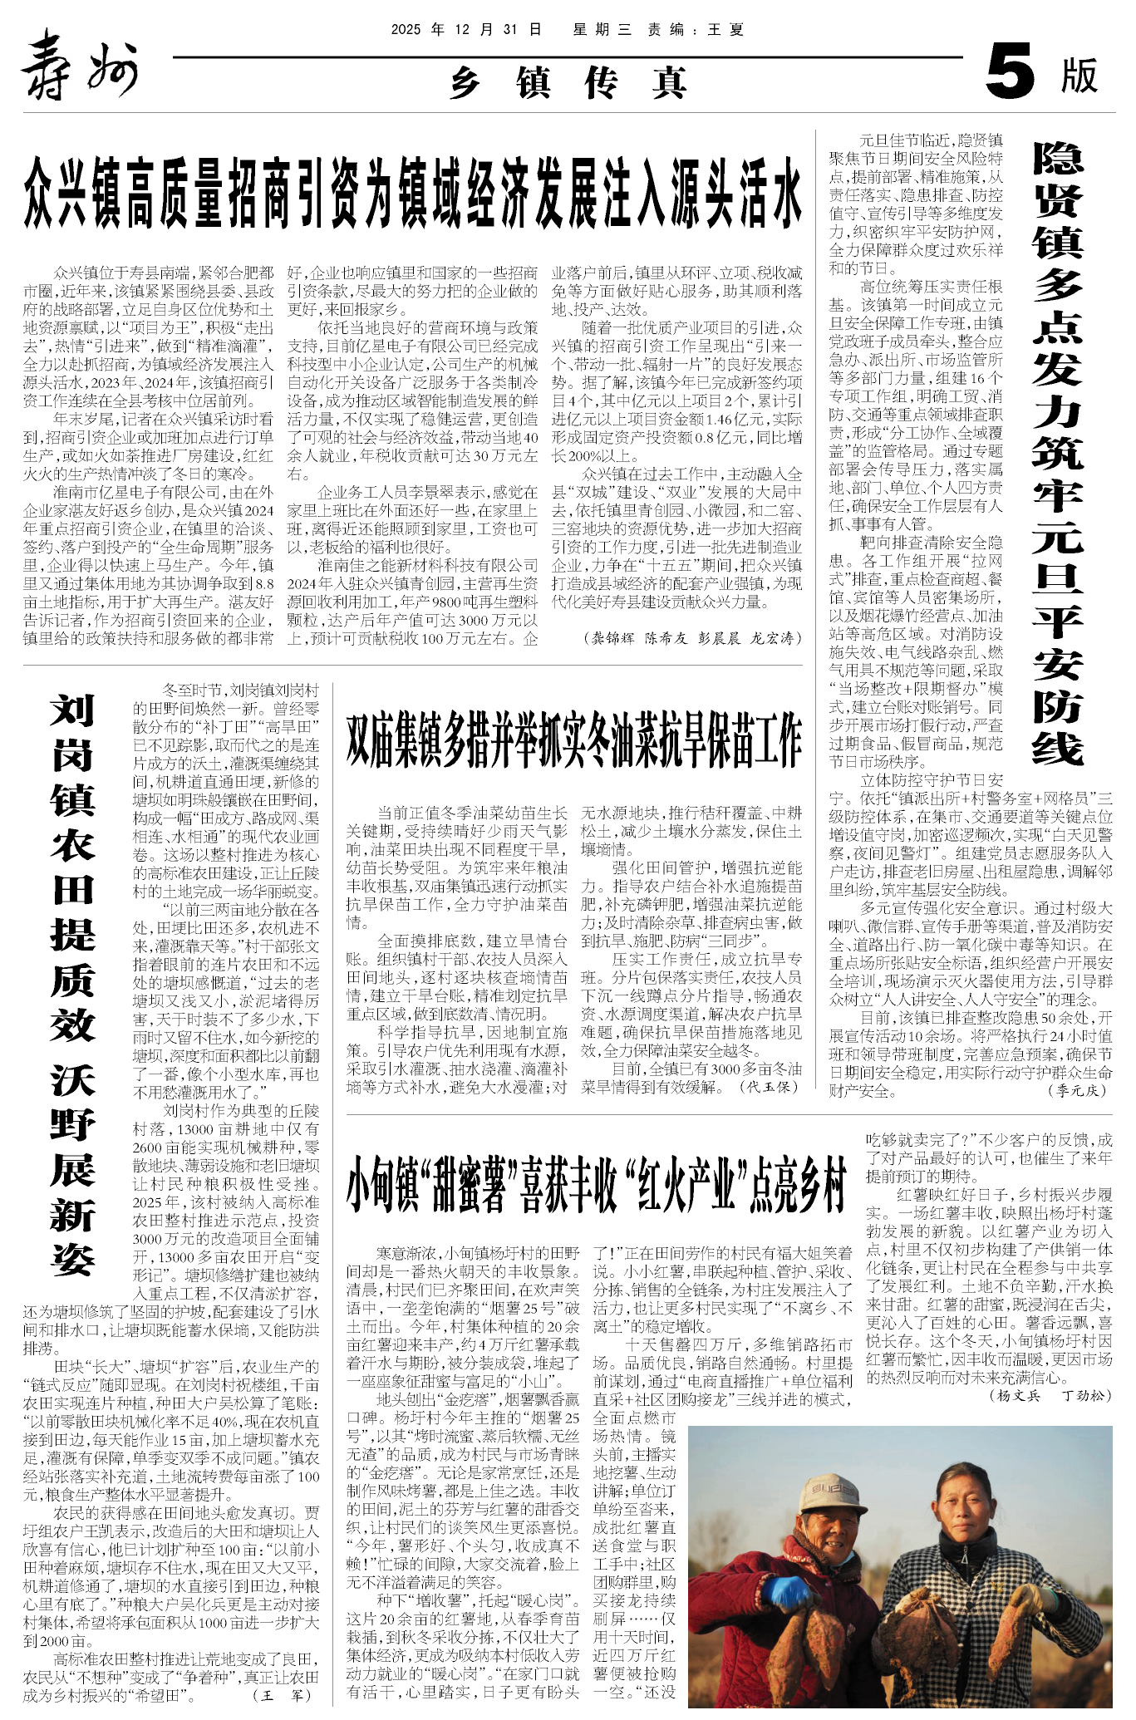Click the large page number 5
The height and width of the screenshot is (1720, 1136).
[x=1011, y=74]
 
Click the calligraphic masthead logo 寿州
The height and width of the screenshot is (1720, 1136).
[x=79, y=66]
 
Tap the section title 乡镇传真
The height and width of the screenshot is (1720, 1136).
[x=569, y=83]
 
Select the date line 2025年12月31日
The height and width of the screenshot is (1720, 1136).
[x=466, y=30]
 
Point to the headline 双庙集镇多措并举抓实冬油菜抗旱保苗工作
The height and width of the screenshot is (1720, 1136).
[x=574, y=740]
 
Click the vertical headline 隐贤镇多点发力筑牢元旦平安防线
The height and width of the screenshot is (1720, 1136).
[x=1058, y=453]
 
